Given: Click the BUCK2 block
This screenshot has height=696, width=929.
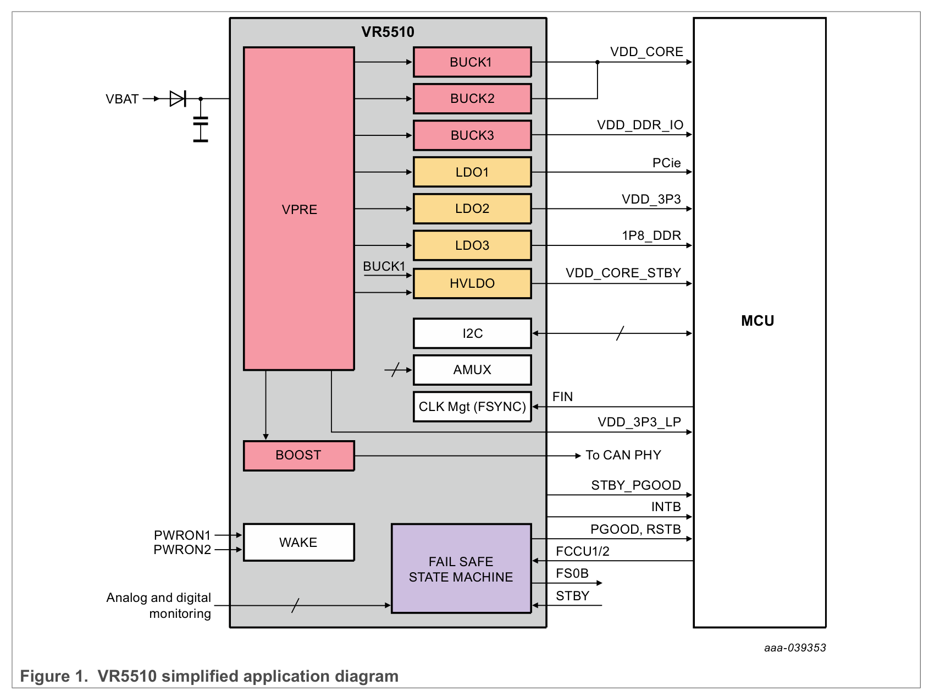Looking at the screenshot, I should coord(472,98).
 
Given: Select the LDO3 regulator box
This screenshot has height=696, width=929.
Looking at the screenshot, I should coord(472,245).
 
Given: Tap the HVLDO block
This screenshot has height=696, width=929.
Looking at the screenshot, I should coord(472,283).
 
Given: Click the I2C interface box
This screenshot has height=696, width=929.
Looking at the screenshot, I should coord(472,333).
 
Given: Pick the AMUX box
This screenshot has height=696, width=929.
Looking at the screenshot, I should coord(472,370).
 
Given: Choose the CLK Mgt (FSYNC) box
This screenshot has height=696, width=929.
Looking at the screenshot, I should coord(472,407).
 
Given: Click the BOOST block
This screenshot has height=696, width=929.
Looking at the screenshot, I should coord(298,456).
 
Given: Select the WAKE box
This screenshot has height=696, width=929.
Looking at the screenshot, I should coord(298,542).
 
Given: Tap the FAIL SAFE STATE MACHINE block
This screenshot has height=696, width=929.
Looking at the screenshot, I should coord(461,569).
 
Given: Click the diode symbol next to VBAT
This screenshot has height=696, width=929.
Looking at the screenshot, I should coord(178,99).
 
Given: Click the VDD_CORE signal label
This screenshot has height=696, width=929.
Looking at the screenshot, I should coord(646,52).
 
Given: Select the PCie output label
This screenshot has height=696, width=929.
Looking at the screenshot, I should coord(666,163).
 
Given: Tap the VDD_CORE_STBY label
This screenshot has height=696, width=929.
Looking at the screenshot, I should coord(623,273).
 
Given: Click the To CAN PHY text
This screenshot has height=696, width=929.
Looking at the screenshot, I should coord(623,455).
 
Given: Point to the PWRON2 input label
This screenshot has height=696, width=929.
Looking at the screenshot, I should coord(182,550).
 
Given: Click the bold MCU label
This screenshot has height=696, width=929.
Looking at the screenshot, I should coord(757,321).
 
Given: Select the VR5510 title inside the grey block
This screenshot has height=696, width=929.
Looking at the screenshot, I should coord(388,32).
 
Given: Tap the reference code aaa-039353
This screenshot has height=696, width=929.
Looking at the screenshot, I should coord(795,648).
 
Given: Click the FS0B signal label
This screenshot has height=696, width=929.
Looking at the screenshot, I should coord(572,573).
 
